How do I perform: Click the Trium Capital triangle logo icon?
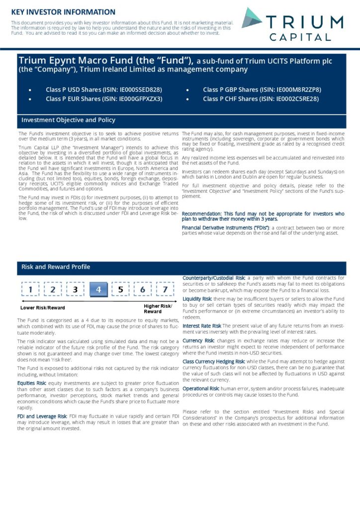(x=253, y=18)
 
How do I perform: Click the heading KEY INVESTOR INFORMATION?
(x=63, y=11)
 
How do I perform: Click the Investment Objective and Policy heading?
(x=68, y=120)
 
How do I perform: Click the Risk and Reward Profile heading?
(x=56, y=267)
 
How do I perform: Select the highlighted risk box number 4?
(x=98, y=289)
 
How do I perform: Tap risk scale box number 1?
(x=31, y=289)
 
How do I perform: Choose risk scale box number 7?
(x=165, y=289)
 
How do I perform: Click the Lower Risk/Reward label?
(x=41, y=308)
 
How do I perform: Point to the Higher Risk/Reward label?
(x=158, y=309)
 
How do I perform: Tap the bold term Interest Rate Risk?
(x=201, y=326)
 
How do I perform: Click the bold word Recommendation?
(x=203, y=214)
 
